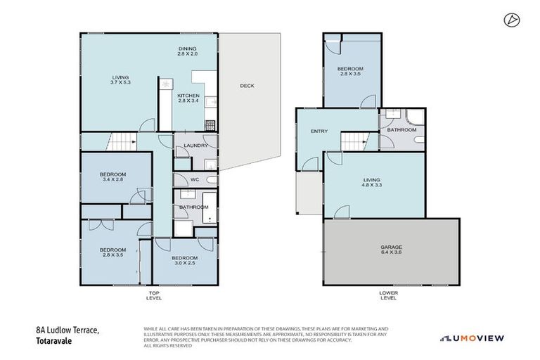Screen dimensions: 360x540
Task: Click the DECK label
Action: [247, 86]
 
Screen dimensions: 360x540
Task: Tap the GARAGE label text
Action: [392, 247]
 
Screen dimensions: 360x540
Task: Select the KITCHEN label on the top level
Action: [188, 96]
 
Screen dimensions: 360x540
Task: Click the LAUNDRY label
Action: [195, 146]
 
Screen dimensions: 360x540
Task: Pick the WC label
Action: [195, 179]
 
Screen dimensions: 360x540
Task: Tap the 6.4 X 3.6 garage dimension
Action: [392, 253]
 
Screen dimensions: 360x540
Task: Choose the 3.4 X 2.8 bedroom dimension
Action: [112, 180]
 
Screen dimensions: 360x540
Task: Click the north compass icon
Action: [510, 20]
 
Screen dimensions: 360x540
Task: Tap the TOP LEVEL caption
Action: [154, 295]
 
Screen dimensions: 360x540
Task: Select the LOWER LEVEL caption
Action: [387, 295]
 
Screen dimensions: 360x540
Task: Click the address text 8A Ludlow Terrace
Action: [68, 329]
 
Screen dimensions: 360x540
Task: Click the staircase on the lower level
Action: [355, 141]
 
